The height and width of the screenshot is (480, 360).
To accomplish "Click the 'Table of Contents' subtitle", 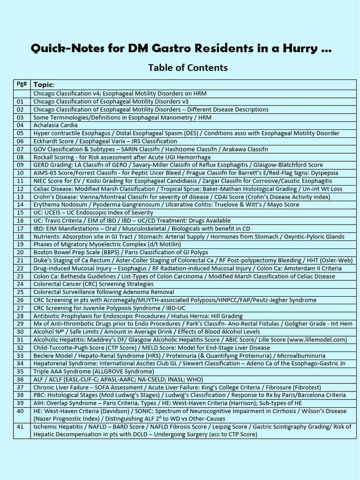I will pos(187,67).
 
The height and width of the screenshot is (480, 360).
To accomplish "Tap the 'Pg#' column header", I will pos(22,84).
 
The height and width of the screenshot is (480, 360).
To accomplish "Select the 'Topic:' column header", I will pos(44,85).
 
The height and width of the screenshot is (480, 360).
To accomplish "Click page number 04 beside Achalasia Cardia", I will pos(20,125).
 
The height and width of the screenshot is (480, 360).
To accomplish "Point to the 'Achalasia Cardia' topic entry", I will pos(55,125).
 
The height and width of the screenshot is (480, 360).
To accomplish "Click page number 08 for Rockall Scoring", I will pos(20,157).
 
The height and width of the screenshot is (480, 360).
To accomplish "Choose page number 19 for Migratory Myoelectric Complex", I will pos(20,244).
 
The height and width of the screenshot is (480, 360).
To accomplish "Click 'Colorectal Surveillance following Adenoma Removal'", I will pos(104,292).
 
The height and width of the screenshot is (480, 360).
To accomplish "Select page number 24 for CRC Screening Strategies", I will pos(20,284).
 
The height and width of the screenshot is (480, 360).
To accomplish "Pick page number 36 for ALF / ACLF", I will pos(20,379).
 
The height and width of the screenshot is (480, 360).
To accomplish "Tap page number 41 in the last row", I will pos(20,427).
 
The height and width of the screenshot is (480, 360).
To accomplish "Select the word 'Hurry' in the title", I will pos(300,49).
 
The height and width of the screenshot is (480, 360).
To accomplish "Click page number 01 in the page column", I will pos(20,101).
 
